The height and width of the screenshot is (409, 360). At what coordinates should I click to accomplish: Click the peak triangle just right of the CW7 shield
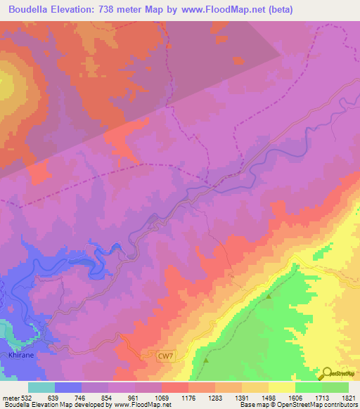(206, 360)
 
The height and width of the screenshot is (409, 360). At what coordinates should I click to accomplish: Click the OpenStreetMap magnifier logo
(328, 373)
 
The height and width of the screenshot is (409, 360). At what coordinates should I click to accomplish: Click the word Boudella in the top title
(32, 9)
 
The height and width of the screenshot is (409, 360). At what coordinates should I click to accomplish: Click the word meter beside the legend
(11, 398)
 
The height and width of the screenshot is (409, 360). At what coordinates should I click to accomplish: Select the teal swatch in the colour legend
(41, 387)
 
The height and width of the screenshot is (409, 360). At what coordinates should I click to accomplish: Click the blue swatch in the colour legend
(68, 387)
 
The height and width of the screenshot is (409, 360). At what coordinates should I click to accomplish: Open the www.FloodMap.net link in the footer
(139, 405)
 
